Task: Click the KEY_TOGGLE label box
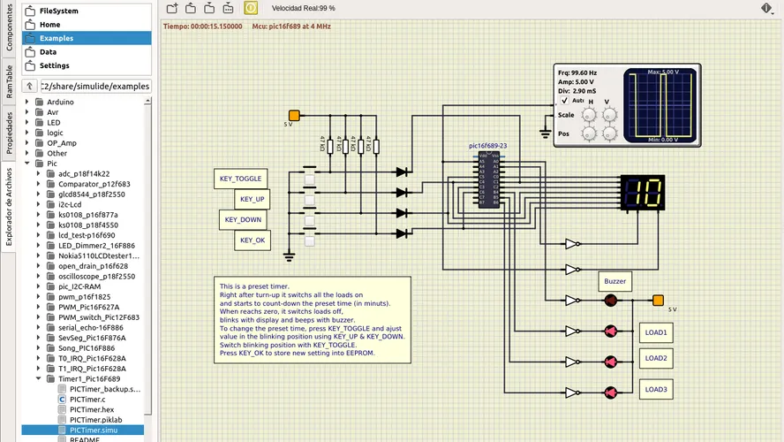(240, 179)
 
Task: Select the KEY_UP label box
(253, 200)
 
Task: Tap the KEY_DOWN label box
(243, 219)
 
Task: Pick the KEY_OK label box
(253, 240)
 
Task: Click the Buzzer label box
(614, 281)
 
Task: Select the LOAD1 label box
(655, 332)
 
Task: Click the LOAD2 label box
(655, 358)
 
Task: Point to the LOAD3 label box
(655, 389)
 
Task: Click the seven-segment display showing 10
(643, 192)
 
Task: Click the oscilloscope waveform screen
(661, 105)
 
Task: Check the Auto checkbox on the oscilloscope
(565, 100)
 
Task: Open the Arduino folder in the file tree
(60, 102)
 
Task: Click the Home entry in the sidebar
(49, 25)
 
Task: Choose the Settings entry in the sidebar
(54, 65)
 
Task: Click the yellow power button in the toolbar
(251, 8)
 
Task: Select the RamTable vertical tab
(10, 80)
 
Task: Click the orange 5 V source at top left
(294, 115)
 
